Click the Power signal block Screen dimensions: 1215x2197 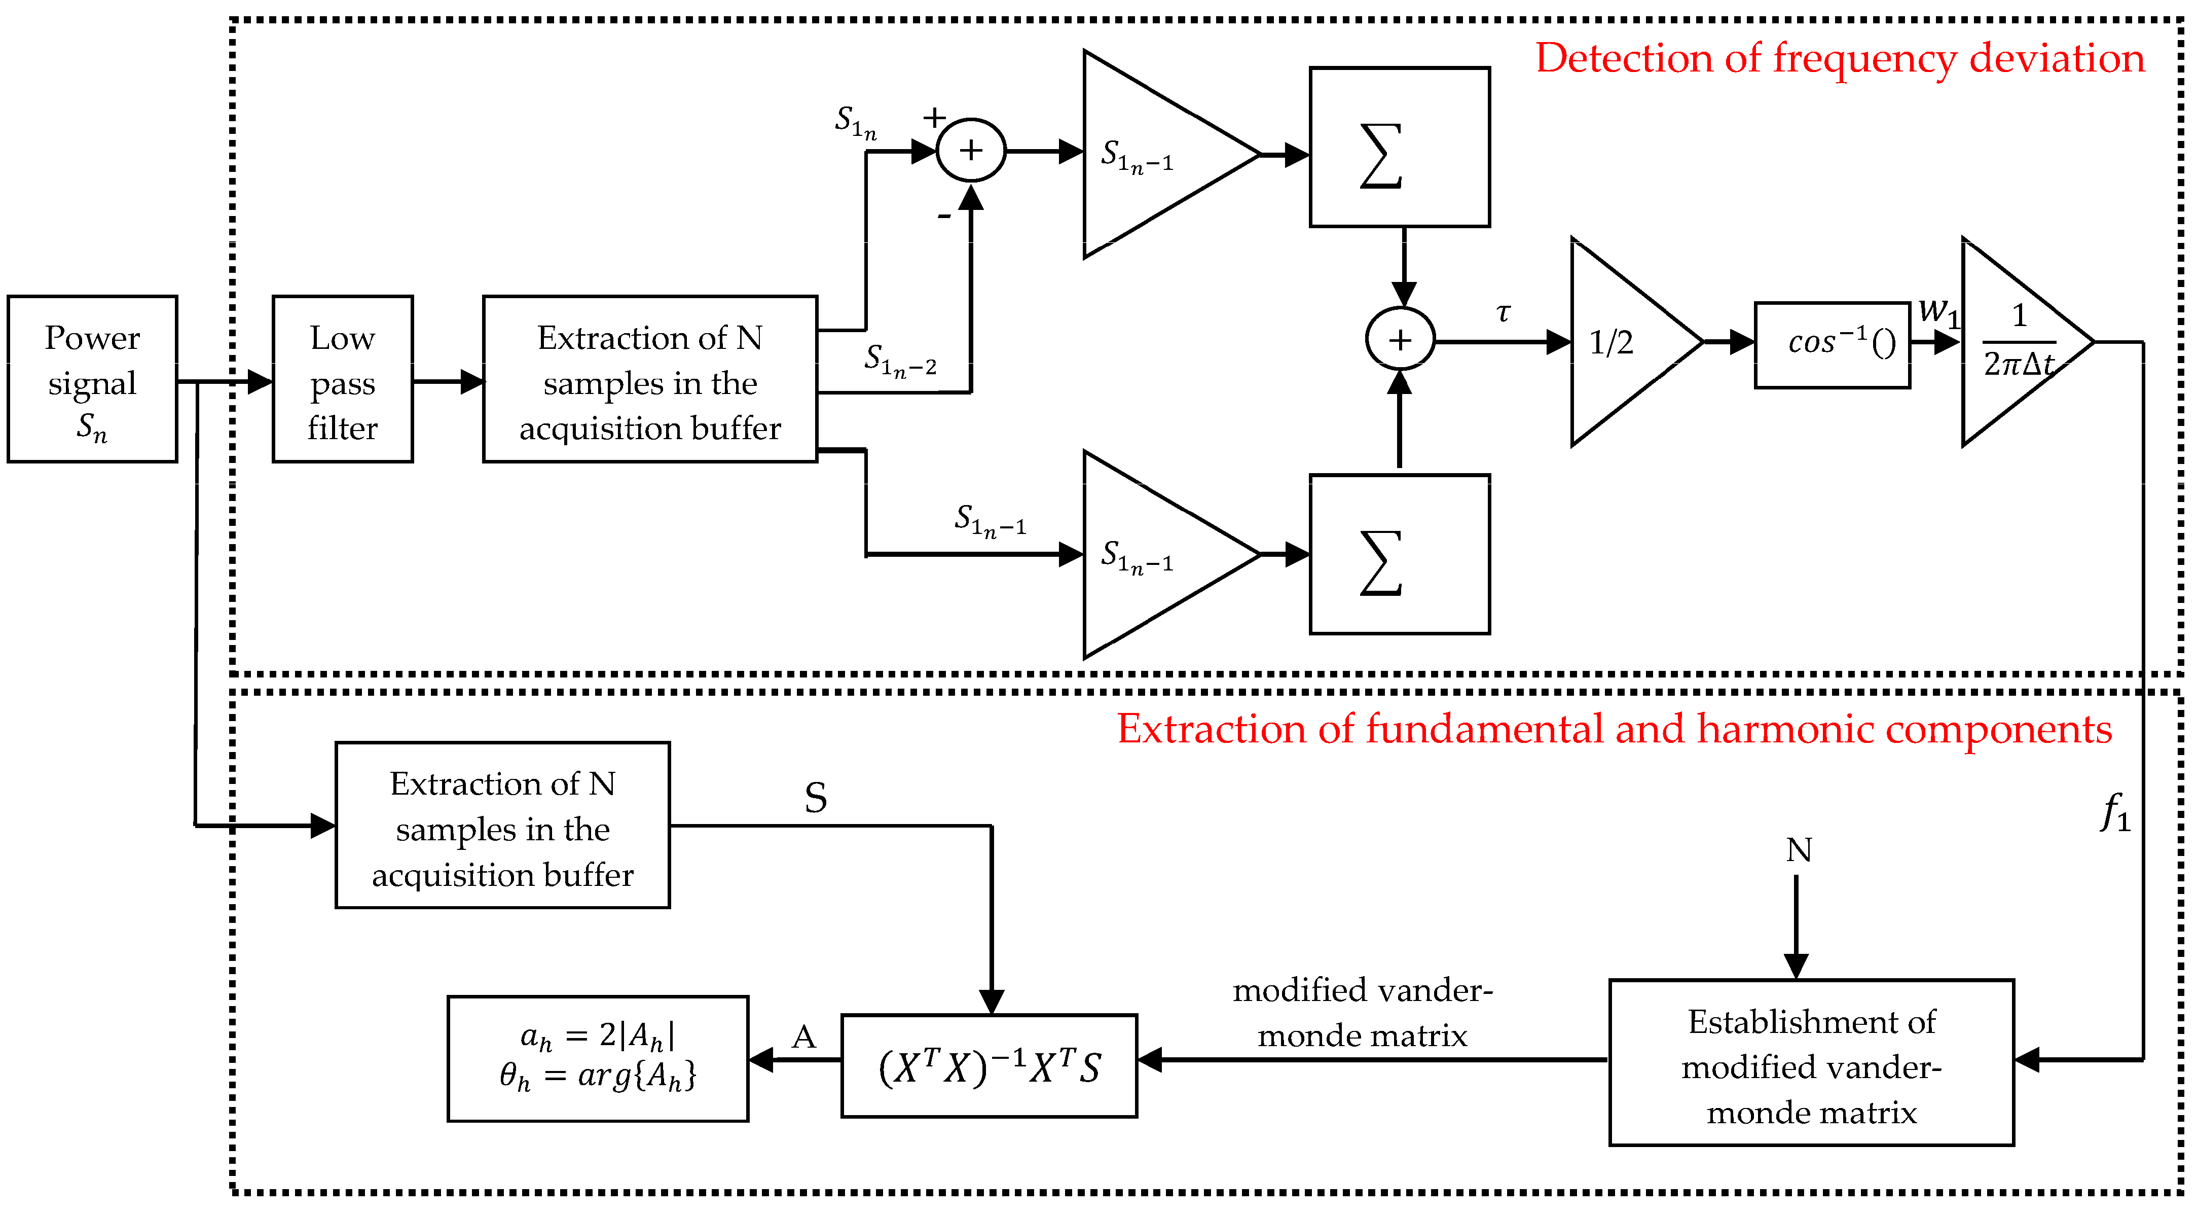(92, 380)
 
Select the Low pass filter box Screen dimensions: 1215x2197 (342, 380)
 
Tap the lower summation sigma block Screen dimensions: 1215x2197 (1400, 555)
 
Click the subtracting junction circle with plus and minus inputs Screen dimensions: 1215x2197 (971, 150)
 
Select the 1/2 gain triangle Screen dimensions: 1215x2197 (1621, 342)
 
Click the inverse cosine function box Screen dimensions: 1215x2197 (1832, 345)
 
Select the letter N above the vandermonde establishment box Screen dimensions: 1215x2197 (1799, 850)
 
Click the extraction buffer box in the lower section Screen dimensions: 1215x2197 (502, 825)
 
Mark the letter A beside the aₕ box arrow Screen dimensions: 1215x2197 (803, 1037)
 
